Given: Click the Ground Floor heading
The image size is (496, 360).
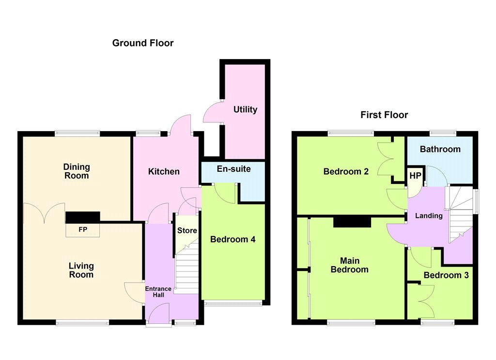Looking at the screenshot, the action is pos(143,43).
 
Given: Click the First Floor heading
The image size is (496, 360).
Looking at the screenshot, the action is pos(384,115).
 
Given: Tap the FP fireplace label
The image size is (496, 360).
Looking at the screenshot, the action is pos(83,229).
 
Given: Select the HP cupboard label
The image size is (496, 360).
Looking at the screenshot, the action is pos(415,176).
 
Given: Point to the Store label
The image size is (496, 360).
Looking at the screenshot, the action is pos(187,230).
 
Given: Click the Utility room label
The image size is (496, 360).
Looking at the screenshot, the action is pos(245,110).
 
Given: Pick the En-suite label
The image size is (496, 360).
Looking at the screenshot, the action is pos(234,169).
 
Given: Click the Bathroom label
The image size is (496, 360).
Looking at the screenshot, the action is pos(440,149).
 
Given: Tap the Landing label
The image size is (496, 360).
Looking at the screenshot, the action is pos(429,215).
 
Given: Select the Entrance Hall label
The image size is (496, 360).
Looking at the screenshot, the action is pos(158,292).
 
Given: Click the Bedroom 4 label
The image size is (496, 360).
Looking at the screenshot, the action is pos(233,239).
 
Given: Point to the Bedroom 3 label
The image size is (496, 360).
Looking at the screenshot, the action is pos(446,275).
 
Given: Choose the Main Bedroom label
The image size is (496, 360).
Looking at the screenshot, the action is pos(350,265).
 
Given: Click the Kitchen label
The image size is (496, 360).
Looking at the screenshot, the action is pos(164,172).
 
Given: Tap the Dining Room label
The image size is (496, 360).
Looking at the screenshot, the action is pos(77,171).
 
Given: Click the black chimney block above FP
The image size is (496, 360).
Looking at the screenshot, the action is pos(83,217).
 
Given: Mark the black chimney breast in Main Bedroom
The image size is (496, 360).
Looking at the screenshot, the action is pos(352,222).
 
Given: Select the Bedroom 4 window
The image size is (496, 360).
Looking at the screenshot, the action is pos(233,303).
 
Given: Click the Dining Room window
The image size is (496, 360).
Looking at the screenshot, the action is pos(77,134).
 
